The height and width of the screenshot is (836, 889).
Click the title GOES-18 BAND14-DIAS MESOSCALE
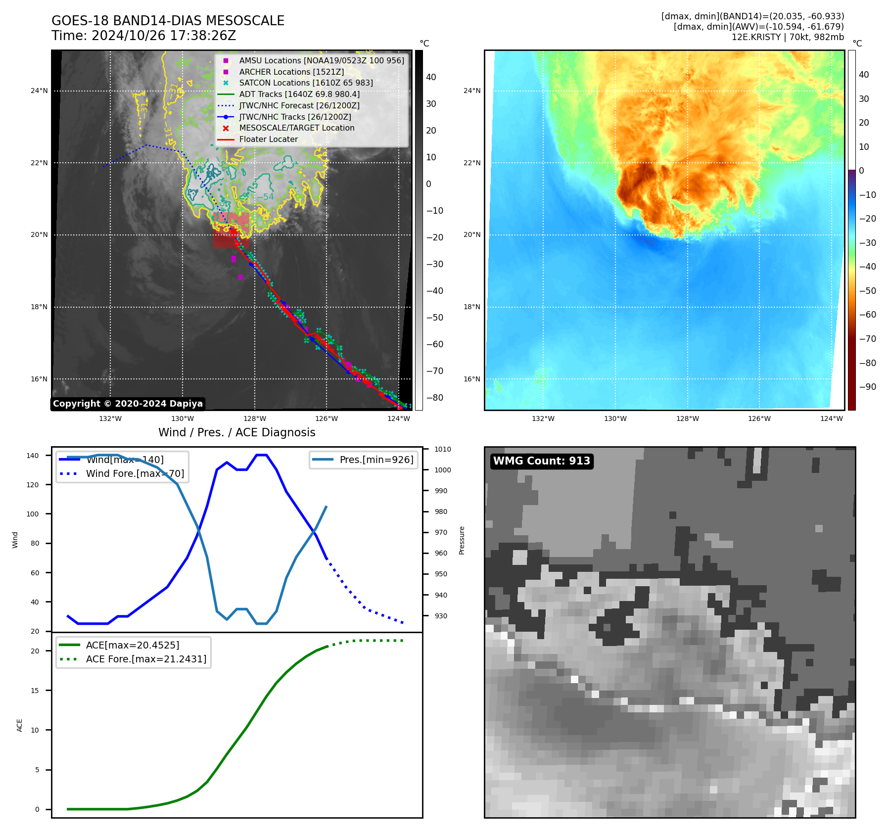point(168,21)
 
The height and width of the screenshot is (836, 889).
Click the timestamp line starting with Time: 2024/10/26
point(143,36)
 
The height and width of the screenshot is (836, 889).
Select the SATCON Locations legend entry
point(306,83)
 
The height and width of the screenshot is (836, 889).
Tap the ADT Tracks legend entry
point(299,94)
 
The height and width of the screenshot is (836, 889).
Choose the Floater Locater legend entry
point(268,139)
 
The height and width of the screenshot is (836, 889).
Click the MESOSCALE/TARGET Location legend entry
point(296,128)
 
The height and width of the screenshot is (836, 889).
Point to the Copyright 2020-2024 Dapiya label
point(128,404)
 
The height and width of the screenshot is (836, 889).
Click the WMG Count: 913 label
point(542,461)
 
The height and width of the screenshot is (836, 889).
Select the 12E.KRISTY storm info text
point(788,37)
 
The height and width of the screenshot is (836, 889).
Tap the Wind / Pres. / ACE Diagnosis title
point(236,432)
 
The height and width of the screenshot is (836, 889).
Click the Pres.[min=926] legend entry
point(376,460)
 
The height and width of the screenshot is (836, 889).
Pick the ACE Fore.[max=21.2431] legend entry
point(146,659)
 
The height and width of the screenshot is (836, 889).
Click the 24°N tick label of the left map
point(39,91)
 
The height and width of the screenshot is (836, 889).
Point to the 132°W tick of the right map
point(543,418)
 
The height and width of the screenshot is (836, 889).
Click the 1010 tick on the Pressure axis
point(443,449)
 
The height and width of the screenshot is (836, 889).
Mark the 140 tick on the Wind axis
point(33,456)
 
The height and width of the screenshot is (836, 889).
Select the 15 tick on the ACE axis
point(35,691)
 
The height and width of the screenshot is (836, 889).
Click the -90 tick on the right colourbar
point(867,387)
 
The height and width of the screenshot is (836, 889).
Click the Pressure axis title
point(462,540)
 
